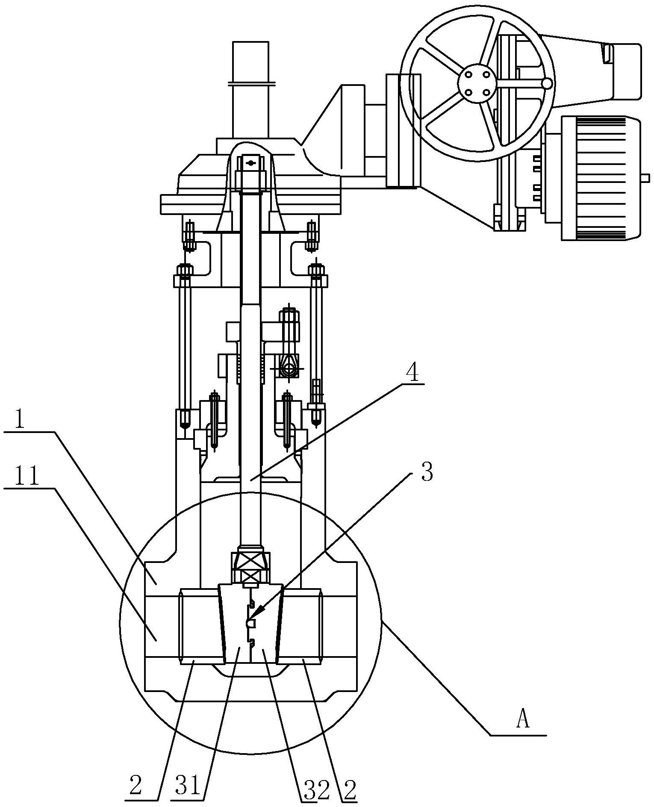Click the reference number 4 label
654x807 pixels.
click(x=412, y=373)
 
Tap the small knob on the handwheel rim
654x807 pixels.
click(x=547, y=83)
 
